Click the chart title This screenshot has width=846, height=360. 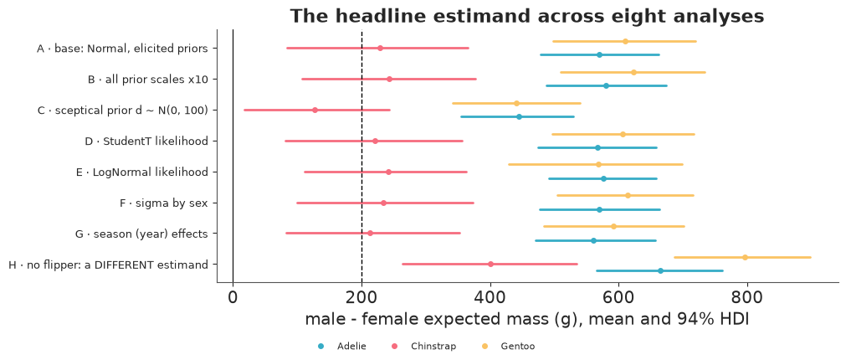(527, 16)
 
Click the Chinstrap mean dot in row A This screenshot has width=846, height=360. (381, 48)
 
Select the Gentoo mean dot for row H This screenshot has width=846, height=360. (745, 258)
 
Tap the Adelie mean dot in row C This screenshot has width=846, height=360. (519, 116)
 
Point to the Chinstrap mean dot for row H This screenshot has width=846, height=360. (490, 264)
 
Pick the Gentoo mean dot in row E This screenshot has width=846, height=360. (598, 164)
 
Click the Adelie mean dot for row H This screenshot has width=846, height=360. (660, 271)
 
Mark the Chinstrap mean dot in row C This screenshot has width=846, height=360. (315, 111)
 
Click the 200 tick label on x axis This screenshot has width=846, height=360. (361, 297)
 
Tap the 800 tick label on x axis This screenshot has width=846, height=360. (747, 297)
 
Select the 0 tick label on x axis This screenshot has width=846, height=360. (233, 297)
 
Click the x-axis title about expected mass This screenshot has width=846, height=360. (527, 320)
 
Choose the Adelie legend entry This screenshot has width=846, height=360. (342, 347)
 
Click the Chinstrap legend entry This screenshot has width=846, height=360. (424, 347)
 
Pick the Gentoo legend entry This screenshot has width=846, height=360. (509, 347)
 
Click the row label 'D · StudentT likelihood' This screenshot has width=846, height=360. (146, 141)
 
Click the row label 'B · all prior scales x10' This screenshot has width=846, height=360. (148, 80)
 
